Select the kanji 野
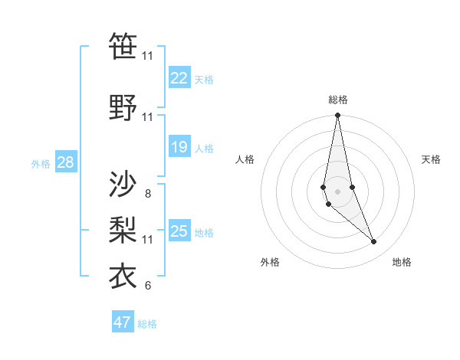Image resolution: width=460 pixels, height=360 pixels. [x=123, y=108]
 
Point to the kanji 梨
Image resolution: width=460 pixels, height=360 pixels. [x=123, y=230]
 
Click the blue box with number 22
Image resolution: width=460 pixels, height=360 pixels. [x=179, y=78]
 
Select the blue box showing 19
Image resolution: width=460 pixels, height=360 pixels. [x=179, y=147]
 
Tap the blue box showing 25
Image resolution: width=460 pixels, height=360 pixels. [x=179, y=231]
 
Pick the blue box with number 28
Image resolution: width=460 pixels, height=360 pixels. [x=65, y=162]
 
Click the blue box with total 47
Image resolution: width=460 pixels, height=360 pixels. [x=123, y=322]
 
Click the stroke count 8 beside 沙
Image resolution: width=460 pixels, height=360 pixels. [x=147, y=194]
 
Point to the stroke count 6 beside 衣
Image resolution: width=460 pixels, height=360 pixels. [x=147, y=286]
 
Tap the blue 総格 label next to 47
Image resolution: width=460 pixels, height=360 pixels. [x=147, y=324]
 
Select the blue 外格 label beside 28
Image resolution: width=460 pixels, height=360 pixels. [x=41, y=163]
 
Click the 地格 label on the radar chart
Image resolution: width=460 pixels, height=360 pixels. [x=402, y=262]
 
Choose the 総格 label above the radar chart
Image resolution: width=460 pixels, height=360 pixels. [x=337, y=100]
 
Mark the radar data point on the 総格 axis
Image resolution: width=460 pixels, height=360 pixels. [x=337, y=116]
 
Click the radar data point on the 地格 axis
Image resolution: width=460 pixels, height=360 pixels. [x=374, y=242]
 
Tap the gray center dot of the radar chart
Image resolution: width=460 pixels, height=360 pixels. [x=337, y=191]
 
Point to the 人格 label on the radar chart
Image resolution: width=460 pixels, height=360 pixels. [x=245, y=159]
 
